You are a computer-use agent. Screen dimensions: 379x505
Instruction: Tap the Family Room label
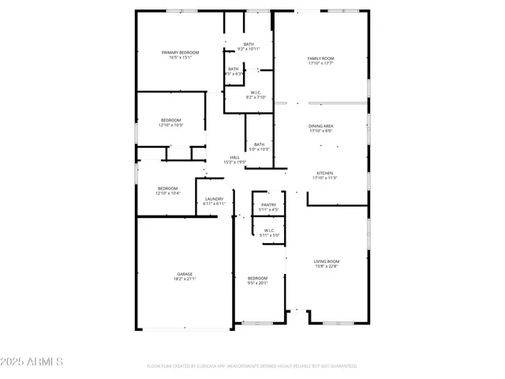coord(320,58)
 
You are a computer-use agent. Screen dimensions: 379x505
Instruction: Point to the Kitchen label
coord(324,173)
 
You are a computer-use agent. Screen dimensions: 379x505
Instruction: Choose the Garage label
coord(184,274)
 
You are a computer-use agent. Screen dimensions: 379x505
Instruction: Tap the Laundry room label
coord(214,199)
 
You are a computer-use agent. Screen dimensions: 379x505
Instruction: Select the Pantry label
coord(269,205)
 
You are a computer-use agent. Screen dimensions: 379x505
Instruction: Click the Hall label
coord(234,157)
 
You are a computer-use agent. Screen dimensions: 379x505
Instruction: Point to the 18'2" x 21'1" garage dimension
coord(184,279)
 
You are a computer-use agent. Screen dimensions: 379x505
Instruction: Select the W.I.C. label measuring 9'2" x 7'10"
coord(256,93)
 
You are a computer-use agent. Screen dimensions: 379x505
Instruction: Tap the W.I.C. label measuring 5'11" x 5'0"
coord(269,231)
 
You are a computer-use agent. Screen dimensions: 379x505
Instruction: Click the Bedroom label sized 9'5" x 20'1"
coord(257,278)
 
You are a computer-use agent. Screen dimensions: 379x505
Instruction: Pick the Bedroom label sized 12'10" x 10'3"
coord(170,120)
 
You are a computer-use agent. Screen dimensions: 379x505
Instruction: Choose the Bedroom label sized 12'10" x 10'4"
coord(167,188)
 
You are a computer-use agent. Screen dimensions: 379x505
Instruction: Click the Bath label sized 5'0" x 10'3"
coord(259,144)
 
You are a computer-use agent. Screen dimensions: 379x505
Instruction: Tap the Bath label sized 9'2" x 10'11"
coord(249,44)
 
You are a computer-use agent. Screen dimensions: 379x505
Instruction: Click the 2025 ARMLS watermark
coord(32,361)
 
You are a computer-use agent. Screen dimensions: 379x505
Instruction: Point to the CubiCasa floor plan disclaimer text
coord(252,366)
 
